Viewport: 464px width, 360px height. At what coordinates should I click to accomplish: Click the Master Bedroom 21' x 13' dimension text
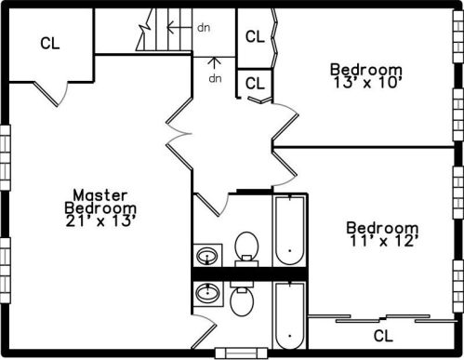101,221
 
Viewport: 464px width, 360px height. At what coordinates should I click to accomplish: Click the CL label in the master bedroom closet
50,44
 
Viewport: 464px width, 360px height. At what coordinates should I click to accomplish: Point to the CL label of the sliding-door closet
383,336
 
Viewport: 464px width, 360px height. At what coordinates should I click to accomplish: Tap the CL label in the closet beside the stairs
255,36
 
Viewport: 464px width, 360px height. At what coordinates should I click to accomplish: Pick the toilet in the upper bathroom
246,249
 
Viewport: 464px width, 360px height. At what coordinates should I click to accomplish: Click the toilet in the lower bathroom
242,299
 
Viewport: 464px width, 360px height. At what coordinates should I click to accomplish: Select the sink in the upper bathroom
207,256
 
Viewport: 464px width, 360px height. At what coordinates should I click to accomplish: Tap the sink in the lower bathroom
208,293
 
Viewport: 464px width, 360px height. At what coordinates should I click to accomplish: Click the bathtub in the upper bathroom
290,230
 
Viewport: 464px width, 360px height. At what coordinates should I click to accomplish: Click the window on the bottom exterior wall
242,353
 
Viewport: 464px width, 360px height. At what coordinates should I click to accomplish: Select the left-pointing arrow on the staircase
179,27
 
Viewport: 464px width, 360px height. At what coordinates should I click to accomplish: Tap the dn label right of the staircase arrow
204,28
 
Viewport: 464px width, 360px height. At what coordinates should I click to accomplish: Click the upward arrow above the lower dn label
215,64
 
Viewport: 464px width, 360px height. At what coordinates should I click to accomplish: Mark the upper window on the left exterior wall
6,157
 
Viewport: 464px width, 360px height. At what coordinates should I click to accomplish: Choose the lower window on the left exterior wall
6,271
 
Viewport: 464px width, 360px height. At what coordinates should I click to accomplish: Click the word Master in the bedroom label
100,195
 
